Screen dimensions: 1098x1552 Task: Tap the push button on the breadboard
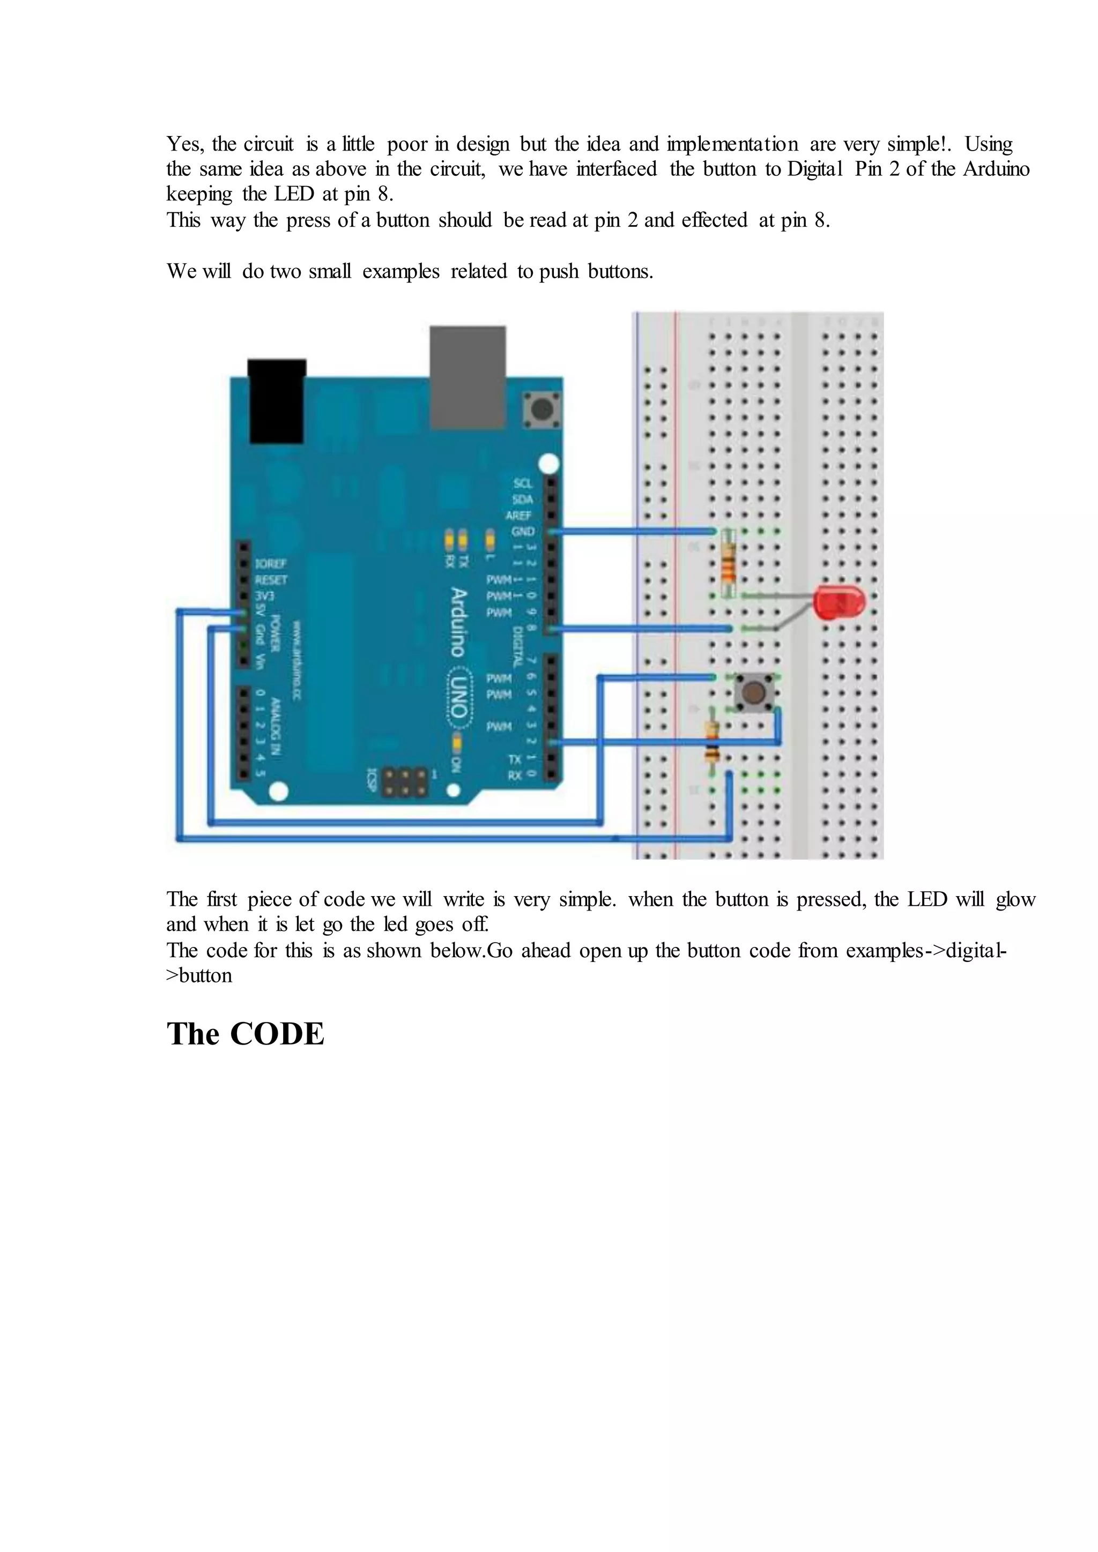(x=753, y=692)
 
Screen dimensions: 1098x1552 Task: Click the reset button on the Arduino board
(x=541, y=409)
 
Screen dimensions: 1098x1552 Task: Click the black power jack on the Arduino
(x=277, y=401)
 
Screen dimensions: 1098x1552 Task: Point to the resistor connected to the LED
(x=728, y=564)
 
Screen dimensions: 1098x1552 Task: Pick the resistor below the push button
(x=712, y=742)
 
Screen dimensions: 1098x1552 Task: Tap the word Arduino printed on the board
(x=458, y=622)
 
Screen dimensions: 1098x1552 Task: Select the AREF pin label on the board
(x=520, y=515)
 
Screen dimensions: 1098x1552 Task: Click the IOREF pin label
(x=270, y=564)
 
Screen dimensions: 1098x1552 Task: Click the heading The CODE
(x=246, y=1034)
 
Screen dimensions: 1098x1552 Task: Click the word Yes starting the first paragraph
(x=184, y=144)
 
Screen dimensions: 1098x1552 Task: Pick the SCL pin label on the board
(x=523, y=483)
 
